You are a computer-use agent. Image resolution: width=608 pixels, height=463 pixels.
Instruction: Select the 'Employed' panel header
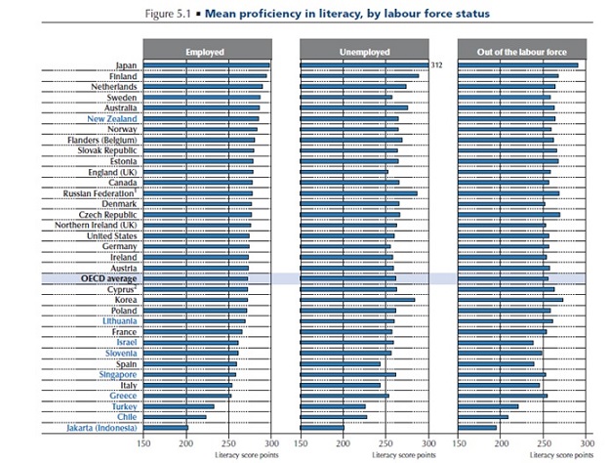[x=207, y=50]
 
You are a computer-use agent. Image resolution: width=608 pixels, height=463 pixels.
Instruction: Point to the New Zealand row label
[x=110, y=118]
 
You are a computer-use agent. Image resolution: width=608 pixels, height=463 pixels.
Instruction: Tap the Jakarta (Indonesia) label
[x=101, y=428]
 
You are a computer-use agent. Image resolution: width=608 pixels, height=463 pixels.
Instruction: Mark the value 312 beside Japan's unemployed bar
[x=437, y=64]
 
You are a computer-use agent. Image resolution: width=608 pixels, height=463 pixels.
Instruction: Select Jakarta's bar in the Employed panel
[x=166, y=428]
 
